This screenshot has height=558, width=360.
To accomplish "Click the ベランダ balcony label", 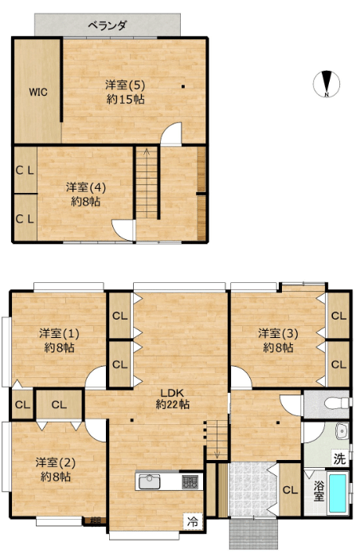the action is pos(107,26).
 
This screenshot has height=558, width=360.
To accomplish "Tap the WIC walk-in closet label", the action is pos(38,92).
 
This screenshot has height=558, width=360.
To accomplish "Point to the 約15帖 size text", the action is pos(125,99).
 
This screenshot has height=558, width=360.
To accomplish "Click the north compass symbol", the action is pos(327,84).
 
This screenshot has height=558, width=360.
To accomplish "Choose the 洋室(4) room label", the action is pos(86,187).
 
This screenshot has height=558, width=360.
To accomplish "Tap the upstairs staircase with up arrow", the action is pos(147,183).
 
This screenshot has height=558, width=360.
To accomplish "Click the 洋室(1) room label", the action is pos(59,334).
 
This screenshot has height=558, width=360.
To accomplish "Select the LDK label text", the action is pos(172,393).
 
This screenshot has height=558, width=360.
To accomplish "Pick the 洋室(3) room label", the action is pos(278,334).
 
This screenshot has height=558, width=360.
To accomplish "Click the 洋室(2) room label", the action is pos(56,462).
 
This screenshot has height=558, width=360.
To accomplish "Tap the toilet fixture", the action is pos(337,403).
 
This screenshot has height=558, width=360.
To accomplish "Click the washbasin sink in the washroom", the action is pos(343,431).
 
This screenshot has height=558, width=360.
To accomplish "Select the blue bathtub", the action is pos(337,493).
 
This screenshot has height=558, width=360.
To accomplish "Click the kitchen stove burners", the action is pos(190,481).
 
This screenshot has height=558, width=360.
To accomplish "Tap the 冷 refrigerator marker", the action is pos(193,522).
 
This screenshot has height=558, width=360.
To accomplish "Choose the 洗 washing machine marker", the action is pos(340,458).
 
